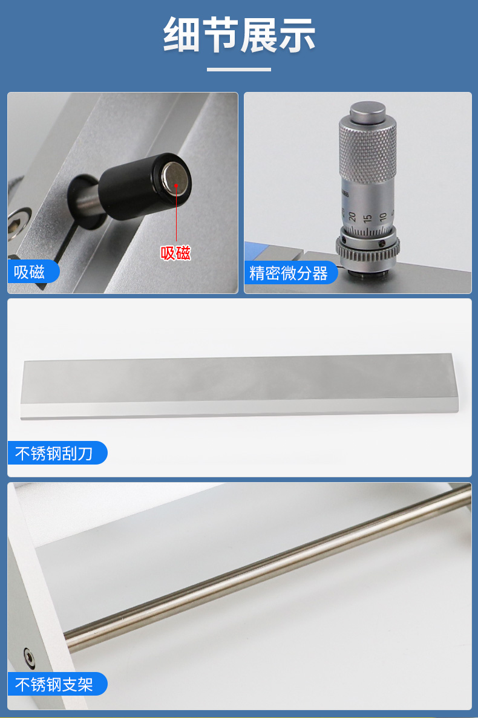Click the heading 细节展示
click(239, 35)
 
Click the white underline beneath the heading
click(239, 70)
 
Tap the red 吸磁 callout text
click(175, 253)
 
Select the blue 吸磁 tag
click(33, 272)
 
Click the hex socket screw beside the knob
click(18, 222)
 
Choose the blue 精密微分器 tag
click(290, 273)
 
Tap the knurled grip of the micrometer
click(368, 146)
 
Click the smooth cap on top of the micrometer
click(368, 111)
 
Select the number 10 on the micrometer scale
click(383, 217)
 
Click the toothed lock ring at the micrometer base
click(368, 251)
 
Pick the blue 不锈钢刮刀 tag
click(57, 453)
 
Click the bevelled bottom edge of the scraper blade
click(239, 409)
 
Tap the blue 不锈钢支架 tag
click(57, 685)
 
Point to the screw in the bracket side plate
click(29, 658)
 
